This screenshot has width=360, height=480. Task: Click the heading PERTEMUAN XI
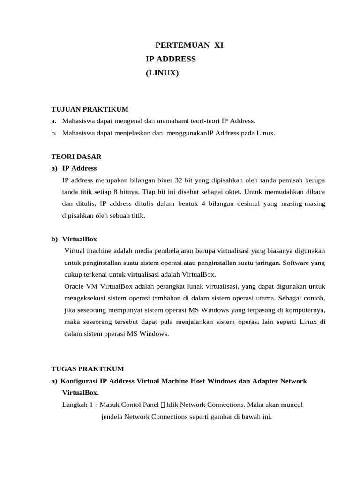pos(193,45)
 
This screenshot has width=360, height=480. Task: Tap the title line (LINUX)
pos(162,73)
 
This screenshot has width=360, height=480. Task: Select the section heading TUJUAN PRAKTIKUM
pos(90,109)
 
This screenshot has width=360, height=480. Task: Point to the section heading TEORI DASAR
pos(76,156)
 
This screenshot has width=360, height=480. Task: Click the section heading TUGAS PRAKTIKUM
pos(88,369)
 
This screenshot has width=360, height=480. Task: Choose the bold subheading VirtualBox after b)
pos(79,239)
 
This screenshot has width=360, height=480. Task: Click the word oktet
pos(230,192)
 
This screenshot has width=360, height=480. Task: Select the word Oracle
pos(75,286)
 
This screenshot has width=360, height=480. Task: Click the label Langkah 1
pos(77,405)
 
